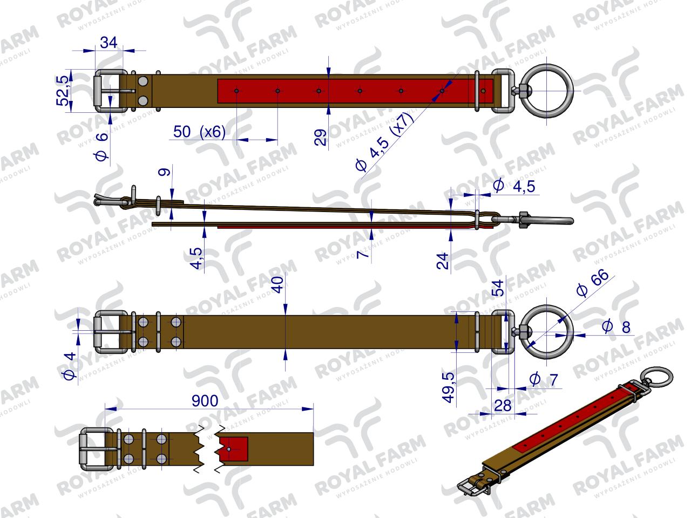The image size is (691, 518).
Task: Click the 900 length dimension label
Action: click(205, 401)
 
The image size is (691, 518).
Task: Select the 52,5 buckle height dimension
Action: click(62, 91)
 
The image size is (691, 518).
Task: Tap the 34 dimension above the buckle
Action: click(109, 43)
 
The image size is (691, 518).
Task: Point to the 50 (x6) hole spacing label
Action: click(200, 132)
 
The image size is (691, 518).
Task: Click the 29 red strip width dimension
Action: click(321, 138)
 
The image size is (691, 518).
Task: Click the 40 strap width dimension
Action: click(278, 285)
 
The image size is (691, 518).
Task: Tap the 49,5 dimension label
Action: click(449, 387)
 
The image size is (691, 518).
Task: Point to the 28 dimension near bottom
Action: click(503, 406)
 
